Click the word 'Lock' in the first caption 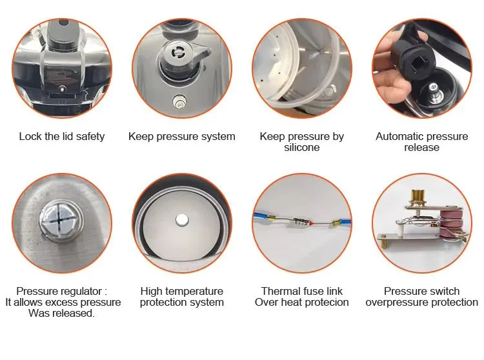pos(30,136)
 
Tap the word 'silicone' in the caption pos(301,148)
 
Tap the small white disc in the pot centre pos(181,219)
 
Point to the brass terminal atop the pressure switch pos(418,196)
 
